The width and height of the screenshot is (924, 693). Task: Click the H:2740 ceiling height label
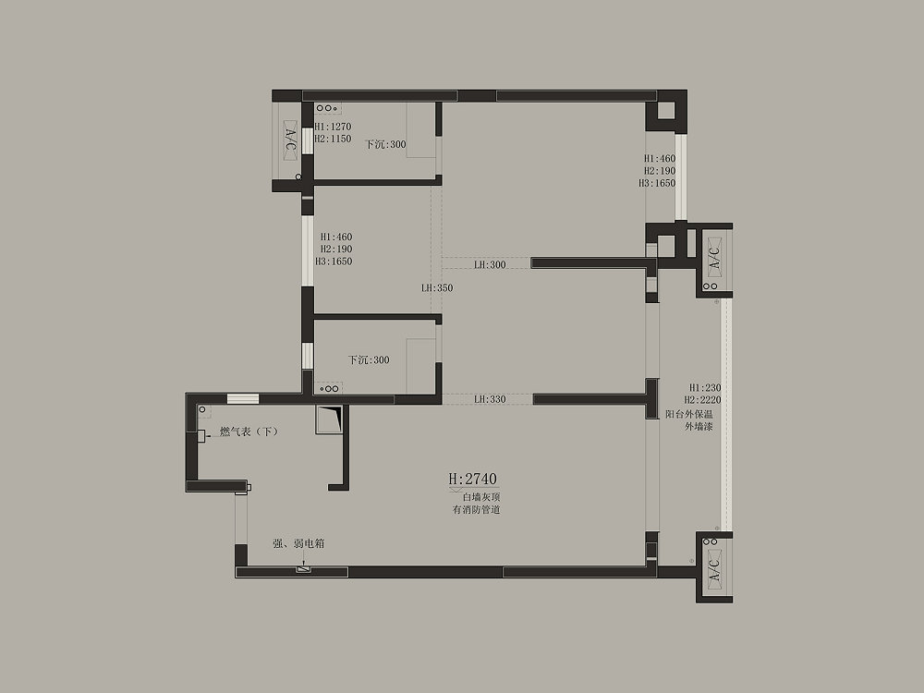pyautogui.click(x=472, y=479)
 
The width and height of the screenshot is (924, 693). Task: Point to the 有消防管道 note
pyautogui.click(x=476, y=510)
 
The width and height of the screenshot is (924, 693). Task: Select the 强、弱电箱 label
pyautogui.click(x=298, y=543)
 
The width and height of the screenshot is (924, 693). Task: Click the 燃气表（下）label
pyautogui.click(x=249, y=432)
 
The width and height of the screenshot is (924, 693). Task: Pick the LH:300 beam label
pyautogui.click(x=490, y=264)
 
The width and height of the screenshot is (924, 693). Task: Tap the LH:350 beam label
pyautogui.click(x=437, y=288)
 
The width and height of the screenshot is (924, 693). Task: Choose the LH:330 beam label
pyautogui.click(x=490, y=399)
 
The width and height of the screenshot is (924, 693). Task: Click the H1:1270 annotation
pyautogui.click(x=333, y=127)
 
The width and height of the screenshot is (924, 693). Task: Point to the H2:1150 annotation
pyautogui.click(x=333, y=140)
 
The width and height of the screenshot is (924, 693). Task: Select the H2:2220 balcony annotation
pyautogui.click(x=702, y=400)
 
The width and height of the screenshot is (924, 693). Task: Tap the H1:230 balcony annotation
pyautogui.click(x=705, y=388)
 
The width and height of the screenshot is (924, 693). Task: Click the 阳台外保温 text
pyautogui.click(x=689, y=414)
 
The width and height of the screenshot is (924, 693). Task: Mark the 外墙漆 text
pyautogui.click(x=699, y=427)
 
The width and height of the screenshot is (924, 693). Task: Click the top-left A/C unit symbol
pyautogui.click(x=290, y=140)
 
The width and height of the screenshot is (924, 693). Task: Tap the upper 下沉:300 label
pyautogui.click(x=385, y=144)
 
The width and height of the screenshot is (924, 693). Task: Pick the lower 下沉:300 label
pyautogui.click(x=369, y=360)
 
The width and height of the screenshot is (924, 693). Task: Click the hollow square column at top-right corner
pyautogui.click(x=666, y=111)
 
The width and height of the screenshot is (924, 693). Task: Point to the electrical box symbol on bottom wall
pyautogui.click(x=303, y=569)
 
